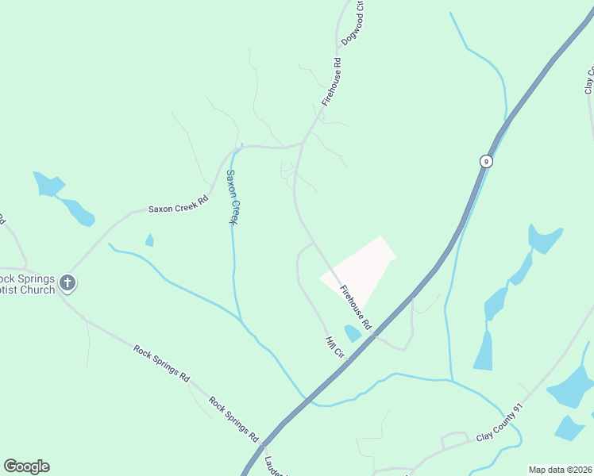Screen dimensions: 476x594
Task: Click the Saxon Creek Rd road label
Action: point(178,205)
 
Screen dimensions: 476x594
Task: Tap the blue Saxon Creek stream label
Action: point(232,197)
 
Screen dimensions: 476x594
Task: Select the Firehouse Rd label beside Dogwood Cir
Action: point(332,83)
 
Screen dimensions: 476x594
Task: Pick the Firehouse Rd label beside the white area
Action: point(356,307)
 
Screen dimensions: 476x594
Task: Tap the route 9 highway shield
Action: point(486,161)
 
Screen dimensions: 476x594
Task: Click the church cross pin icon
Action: point(68,283)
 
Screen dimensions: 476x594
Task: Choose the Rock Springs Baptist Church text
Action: point(28,284)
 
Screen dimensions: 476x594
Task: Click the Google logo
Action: point(26,466)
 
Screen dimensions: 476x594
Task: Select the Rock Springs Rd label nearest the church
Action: point(162,363)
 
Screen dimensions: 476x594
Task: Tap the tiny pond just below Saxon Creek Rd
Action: point(149,240)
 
